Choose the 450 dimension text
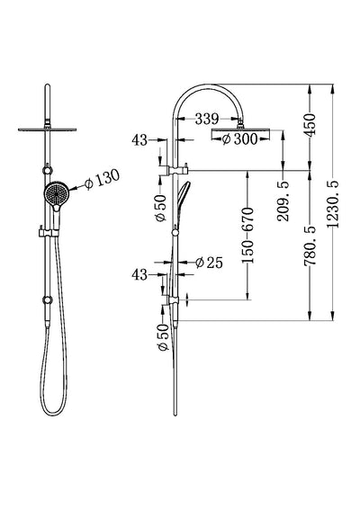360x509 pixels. [310, 125]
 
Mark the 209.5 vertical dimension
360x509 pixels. [286, 198]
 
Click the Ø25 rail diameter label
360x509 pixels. [209, 263]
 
